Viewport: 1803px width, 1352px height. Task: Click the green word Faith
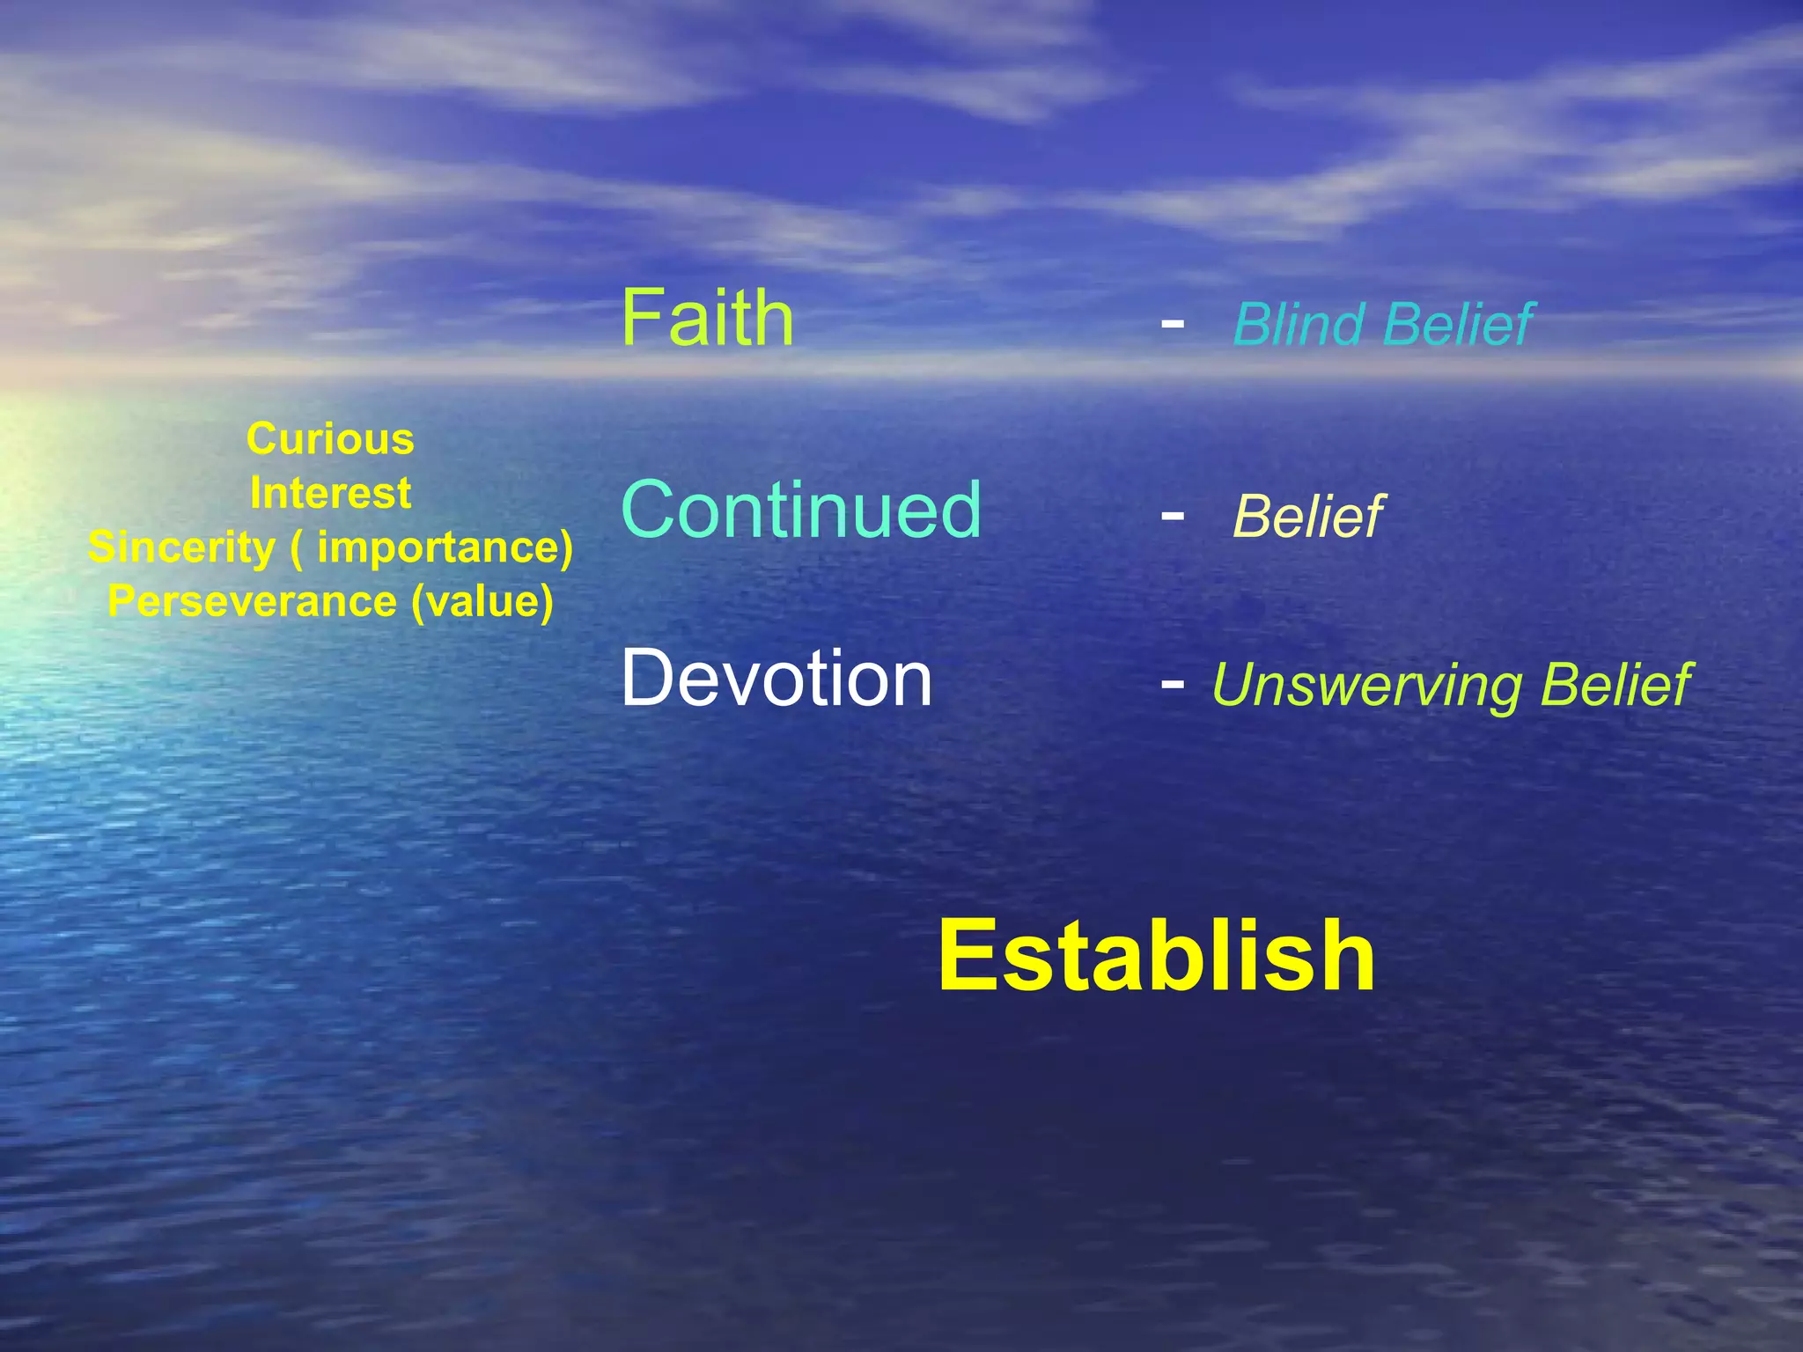(707, 319)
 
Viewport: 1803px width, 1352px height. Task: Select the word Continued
(800, 510)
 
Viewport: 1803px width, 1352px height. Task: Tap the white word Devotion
(776, 678)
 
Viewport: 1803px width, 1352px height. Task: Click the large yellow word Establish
(1156, 957)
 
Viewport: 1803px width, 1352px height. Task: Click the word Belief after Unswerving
(1615, 685)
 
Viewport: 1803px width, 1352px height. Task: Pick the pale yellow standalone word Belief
(1308, 517)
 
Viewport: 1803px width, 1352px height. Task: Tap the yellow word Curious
(330, 438)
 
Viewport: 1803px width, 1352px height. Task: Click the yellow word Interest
(330, 493)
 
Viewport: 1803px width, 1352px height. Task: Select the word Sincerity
(181, 547)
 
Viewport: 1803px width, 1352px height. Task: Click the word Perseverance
(252, 602)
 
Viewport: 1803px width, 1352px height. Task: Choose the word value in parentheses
(482, 602)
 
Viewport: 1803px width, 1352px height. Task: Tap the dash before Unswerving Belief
(1172, 683)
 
